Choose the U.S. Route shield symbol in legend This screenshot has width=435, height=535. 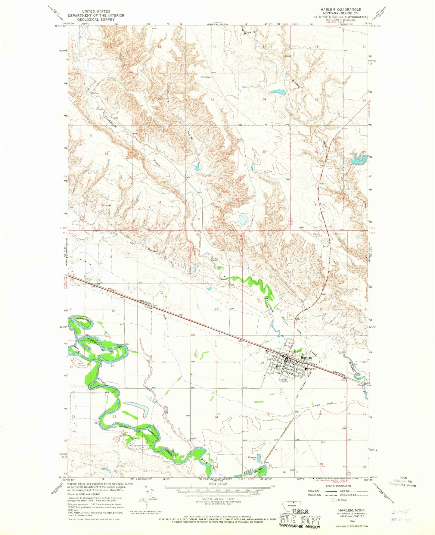333,500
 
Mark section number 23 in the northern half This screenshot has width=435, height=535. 213,100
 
